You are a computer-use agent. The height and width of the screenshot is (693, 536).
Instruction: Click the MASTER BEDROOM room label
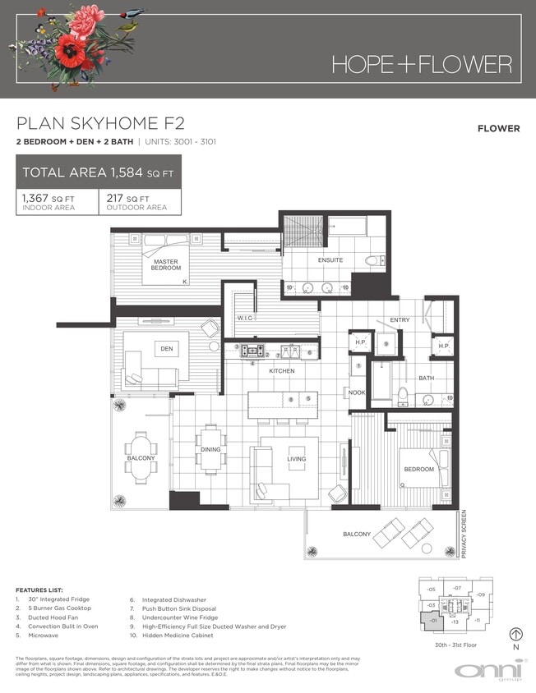165,265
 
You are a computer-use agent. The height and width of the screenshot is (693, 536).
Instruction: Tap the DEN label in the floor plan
166,350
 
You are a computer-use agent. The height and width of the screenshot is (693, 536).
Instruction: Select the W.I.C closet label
244,317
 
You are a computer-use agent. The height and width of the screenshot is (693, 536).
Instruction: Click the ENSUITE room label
330,260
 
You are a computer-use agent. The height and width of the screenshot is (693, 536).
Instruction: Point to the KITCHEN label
282,371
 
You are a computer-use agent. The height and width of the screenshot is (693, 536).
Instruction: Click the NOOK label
356,392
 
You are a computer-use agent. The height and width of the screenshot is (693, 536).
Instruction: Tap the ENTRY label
400,320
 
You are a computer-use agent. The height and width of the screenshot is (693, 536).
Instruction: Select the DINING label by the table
210,449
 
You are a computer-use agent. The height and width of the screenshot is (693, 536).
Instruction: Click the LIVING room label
296,459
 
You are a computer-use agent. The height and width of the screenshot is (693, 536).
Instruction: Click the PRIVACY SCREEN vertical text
464,534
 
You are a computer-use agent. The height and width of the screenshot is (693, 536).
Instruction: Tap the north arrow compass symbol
515,634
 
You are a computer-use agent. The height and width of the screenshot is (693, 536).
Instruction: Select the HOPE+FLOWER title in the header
422,64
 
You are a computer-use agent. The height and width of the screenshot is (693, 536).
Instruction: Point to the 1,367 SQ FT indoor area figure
44,198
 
